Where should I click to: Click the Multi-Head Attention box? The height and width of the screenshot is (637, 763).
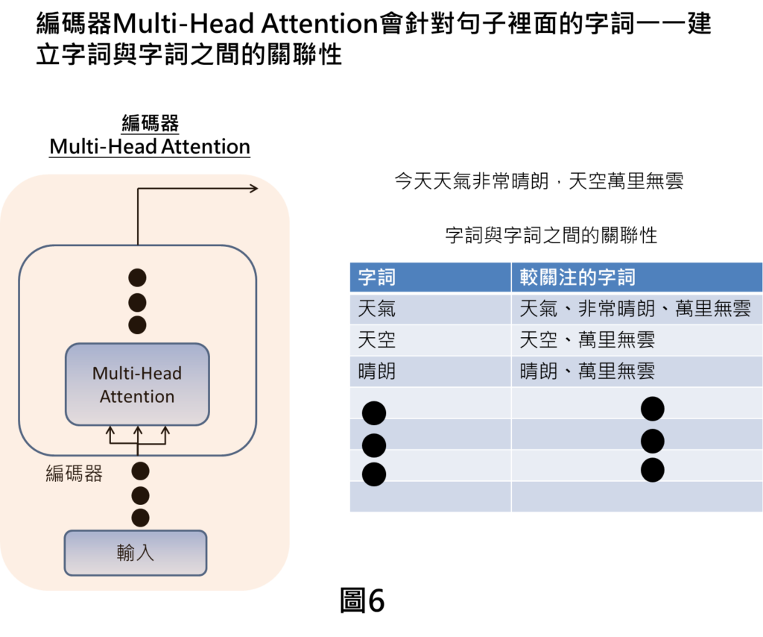tap(137, 384)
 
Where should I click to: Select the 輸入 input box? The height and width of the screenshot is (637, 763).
tap(135, 553)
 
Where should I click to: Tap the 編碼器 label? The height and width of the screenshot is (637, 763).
tap(74, 474)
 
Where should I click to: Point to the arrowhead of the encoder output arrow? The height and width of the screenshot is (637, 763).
tap(254, 188)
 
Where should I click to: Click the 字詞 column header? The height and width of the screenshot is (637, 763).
tap(377, 277)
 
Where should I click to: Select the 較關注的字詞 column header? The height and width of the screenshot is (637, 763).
tap(577, 277)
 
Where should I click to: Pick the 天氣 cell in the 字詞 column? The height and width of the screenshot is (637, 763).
tap(377, 309)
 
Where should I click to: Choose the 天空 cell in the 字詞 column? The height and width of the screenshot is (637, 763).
tap(377, 340)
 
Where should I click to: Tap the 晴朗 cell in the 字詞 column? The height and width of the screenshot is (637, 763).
tap(377, 371)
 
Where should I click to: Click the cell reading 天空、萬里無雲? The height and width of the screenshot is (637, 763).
tap(587, 340)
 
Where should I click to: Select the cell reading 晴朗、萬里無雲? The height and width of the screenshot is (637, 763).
tap(587, 371)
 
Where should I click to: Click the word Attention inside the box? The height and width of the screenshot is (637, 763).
tap(137, 397)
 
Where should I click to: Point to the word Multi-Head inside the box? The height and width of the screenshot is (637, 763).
tap(137, 373)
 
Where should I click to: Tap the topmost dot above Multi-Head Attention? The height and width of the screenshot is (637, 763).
tap(138, 278)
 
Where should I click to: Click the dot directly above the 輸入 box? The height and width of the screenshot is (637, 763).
tap(140, 518)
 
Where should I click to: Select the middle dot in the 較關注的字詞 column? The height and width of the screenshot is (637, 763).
tap(652, 441)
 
